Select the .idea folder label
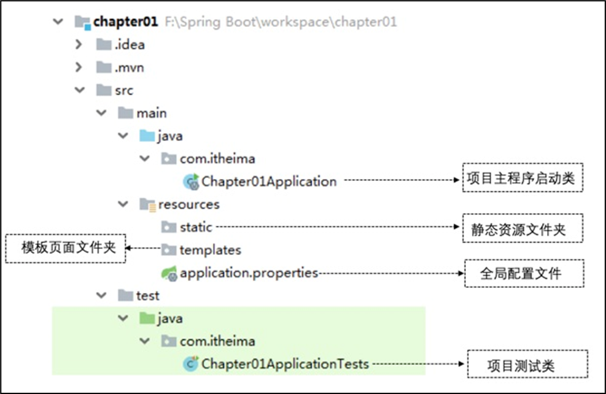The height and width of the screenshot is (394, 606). pyautogui.click(x=129, y=45)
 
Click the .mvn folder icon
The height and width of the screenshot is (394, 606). pyautogui.click(x=104, y=68)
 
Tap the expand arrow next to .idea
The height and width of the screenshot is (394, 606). pyautogui.click(x=78, y=45)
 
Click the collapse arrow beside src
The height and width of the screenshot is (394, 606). pyautogui.click(x=79, y=90)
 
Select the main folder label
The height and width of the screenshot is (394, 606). pyautogui.click(x=151, y=113)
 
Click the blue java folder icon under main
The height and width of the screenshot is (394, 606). pyautogui.click(x=147, y=136)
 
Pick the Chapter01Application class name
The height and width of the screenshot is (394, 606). pyautogui.click(x=269, y=182)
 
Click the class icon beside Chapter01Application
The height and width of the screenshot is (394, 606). pyautogui.click(x=191, y=182)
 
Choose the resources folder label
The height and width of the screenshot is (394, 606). pyautogui.click(x=188, y=204)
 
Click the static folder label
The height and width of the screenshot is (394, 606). pyautogui.click(x=196, y=227)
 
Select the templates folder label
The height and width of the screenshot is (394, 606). pyautogui.click(x=210, y=250)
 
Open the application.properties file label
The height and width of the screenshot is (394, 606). pyautogui.click(x=249, y=272)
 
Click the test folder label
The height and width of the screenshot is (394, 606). pyautogui.click(x=147, y=295)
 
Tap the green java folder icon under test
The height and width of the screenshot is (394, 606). pyautogui.click(x=147, y=319)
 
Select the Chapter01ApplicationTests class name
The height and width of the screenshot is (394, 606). pyautogui.click(x=285, y=364)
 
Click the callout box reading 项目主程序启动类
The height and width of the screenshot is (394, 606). pyautogui.click(x=521, y=179)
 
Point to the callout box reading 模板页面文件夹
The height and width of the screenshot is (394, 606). pyautogui.click(x=65, y=249)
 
